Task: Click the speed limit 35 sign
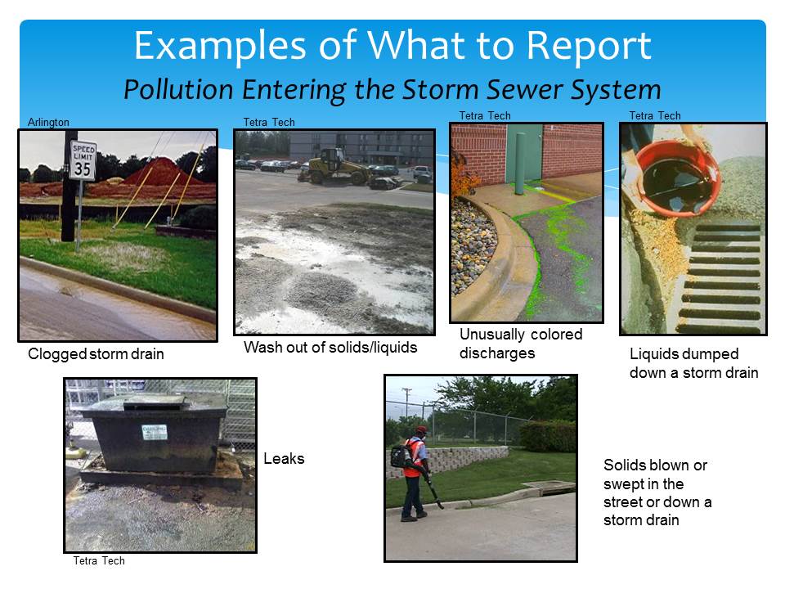(83, 160)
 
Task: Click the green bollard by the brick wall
(521, 164)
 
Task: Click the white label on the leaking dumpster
(155, 432)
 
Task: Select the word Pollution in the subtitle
(178, 90)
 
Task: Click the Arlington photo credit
(48, 122)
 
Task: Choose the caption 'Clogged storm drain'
(96, 353)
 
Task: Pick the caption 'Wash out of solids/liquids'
(330, 347)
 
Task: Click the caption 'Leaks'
(284, 458)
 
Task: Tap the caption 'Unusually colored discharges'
(521, 344)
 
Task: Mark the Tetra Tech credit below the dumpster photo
(99, 561)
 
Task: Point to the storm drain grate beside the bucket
(721, 278)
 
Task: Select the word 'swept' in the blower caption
(623, 484)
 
